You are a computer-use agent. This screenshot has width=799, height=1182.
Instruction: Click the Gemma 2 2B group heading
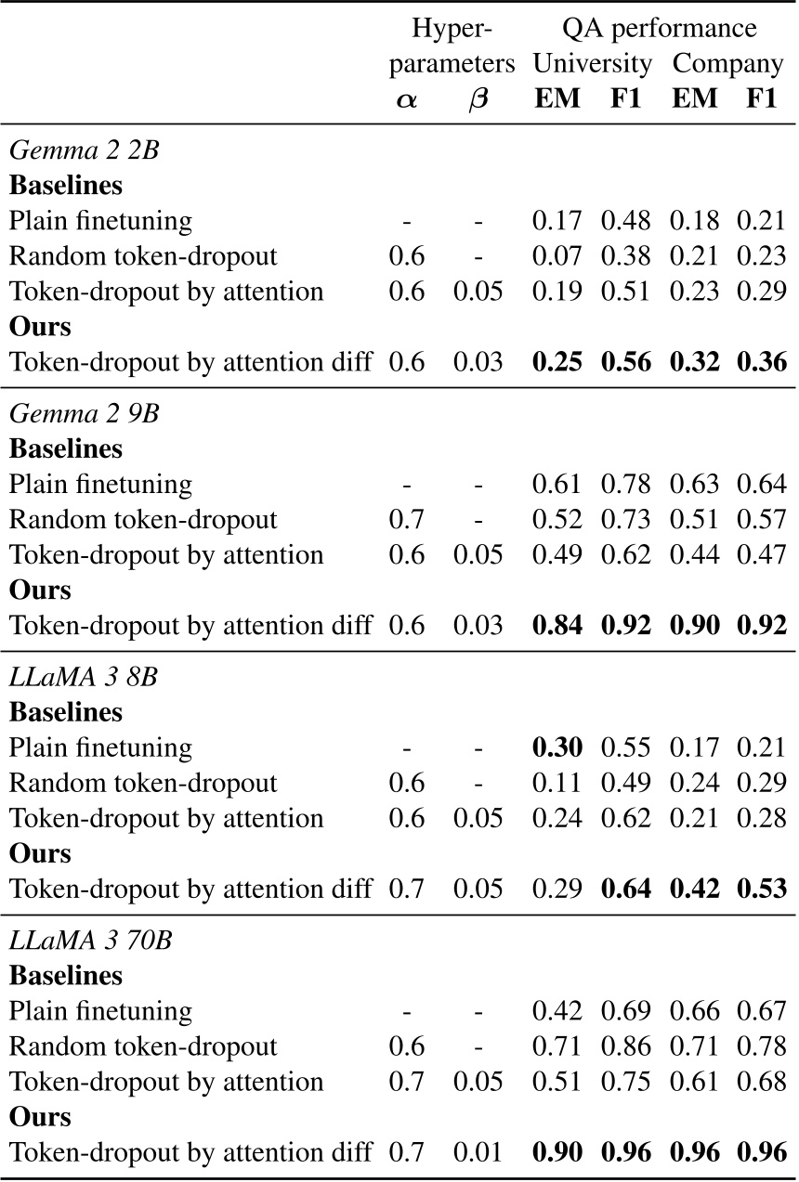click(85, 149)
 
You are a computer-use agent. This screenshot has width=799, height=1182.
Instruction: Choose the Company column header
click(728, 64)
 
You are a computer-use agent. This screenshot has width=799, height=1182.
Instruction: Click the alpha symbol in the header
click(406, 99)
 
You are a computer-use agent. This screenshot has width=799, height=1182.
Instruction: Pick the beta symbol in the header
click(478, 99)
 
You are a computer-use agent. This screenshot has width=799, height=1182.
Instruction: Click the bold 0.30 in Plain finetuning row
click(557, 747)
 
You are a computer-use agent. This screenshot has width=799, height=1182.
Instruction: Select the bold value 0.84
click(557, 625)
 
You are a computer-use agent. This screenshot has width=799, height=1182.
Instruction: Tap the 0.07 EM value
click(557, 256)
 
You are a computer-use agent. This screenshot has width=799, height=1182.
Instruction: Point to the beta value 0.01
click(478, 1152)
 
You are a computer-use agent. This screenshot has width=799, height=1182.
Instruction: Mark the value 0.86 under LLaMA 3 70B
click(625, 1046)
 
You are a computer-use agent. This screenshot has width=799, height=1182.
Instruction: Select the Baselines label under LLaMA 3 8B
click(66, 712)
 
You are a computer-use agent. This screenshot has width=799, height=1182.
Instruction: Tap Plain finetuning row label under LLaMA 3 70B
click(101, 1011)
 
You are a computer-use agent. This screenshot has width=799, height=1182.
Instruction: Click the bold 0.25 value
click(557, 362)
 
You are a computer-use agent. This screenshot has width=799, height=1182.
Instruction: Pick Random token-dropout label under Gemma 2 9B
click(143, 520)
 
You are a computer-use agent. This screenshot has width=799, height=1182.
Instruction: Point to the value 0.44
click(694, 555)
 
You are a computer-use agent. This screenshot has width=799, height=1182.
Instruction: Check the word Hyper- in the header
click(450, 29)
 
